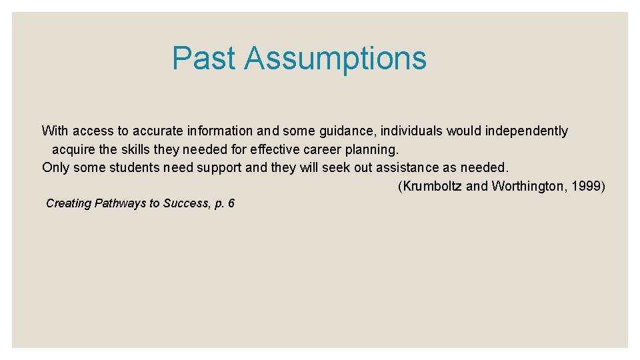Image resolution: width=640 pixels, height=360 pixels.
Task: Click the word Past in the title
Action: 204,58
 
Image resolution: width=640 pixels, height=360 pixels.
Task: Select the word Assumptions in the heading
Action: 335,58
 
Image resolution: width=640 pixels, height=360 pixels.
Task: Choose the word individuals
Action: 411,131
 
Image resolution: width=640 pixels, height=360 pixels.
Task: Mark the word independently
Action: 526,131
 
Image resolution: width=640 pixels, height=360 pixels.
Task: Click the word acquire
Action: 73,149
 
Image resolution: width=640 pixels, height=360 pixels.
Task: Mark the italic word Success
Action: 184,203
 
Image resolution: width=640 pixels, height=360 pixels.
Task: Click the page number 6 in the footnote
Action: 231,203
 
